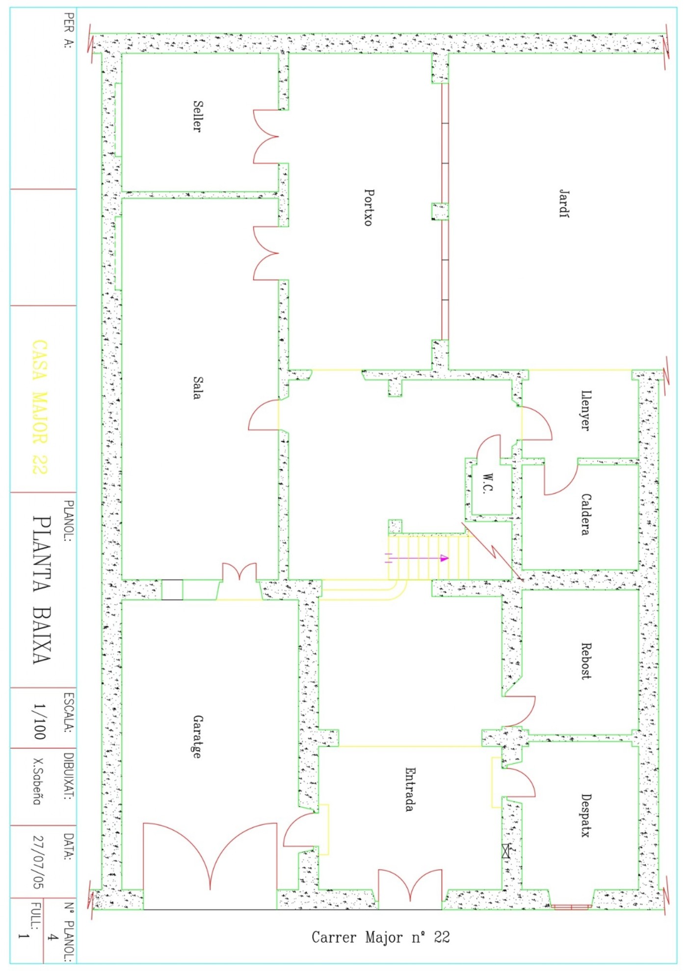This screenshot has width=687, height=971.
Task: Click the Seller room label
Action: click(197, 116)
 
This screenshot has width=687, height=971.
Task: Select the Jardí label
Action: click(564, 204)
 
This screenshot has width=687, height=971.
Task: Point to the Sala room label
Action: click(197, 388)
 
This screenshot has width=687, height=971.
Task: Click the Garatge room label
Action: click(197, 737)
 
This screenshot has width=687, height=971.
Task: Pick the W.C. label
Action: click(487, 483)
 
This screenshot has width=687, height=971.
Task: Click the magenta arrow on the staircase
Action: click(417, 558)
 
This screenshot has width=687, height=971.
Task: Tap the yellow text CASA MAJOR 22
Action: click(40, 407)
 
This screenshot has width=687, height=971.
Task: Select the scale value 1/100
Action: click(39, 721)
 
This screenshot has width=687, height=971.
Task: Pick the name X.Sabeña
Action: click(37, 782)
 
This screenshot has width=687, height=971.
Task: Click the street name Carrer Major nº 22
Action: click(381, 937)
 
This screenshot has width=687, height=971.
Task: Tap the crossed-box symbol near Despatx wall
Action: click(506, 851)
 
